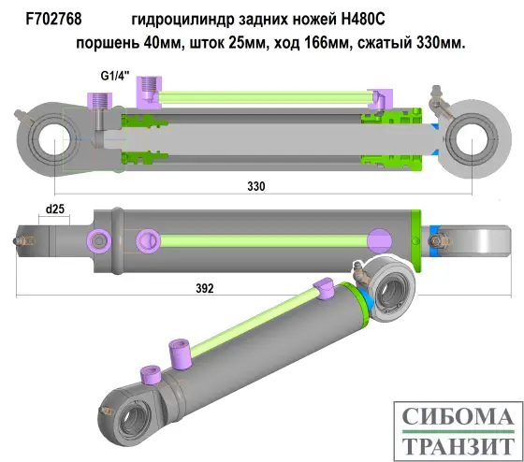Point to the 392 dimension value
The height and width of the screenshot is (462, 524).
[205, 289]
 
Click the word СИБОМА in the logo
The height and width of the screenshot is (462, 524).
[456, 416]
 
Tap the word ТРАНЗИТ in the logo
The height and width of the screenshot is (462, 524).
[456, 444]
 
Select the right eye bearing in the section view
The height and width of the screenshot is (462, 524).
[472, 139]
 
